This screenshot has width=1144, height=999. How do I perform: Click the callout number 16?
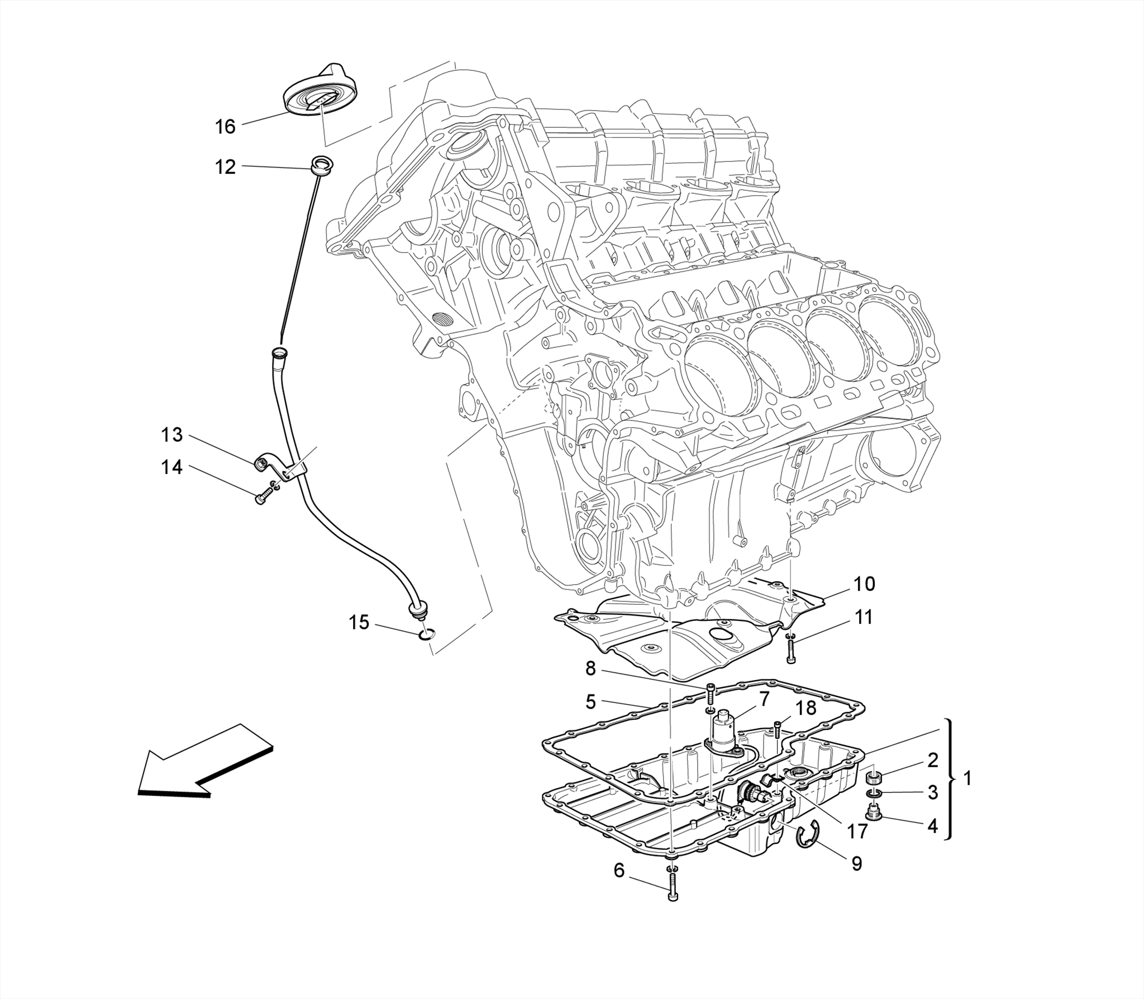(x=226, y=127)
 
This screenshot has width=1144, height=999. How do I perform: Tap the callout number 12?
(x=226, y=167)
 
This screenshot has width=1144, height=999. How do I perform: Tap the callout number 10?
(x=864, y=584)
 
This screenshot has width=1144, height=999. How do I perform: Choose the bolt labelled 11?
(x=791, y=651)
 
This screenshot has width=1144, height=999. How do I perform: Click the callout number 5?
(x=590, y=701)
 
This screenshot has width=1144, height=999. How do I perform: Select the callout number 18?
(x=805, y=708)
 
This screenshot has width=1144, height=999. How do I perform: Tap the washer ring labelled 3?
(x=874, y=794)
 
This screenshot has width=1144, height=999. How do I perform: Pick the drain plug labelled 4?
(x=873, y=814)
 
